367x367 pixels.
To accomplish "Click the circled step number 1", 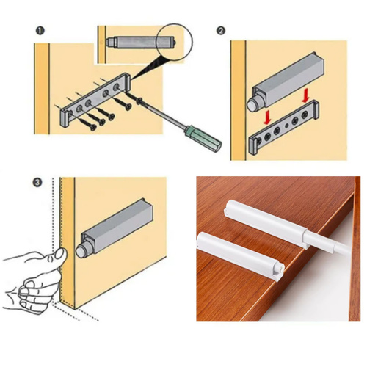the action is pyautogui.click(x=40, y=31).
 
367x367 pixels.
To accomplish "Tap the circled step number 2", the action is pyautogui.click(x=221, y=31).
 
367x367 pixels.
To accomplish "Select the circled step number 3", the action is pyautogui.click(x=37, y=182).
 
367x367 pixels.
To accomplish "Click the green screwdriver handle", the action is pyautogui.click(x=204, y=138).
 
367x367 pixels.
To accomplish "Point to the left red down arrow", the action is pyautogui.click(x=268, y=117).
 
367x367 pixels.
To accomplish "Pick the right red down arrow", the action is pyautogui.click(x=305, y=95).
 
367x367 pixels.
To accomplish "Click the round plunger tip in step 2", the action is pyautogui.click(x=252, y=104).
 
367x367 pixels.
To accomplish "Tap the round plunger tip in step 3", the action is pyautogui.click(x=80, y=251).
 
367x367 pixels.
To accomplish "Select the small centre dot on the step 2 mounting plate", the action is pyautogui.click(x=286, y=126).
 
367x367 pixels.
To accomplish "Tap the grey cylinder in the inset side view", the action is pyautogui.click(x=141, y=42).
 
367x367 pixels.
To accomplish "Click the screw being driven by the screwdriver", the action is pyautogui.click(x=132, y=97).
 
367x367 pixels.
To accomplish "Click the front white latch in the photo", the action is pyautogui.click(x=241, y=256).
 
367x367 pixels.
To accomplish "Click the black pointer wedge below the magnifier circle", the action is pyautogui.click(x=145, y=67).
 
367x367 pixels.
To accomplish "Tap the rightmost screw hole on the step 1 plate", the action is pyautogui.click(x=116, y=87).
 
